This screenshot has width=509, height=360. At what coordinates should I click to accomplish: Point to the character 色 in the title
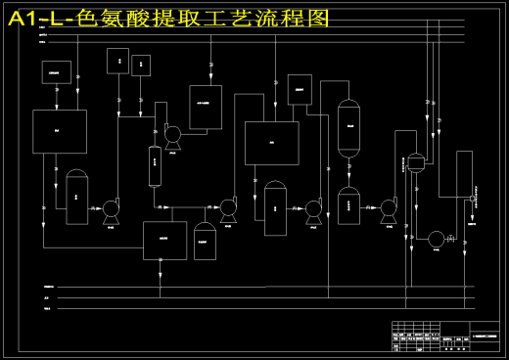pyautogui.click(x=89, y=18)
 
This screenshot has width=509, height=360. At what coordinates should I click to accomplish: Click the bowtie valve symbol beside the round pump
pyautogui.click(x=451, y=239)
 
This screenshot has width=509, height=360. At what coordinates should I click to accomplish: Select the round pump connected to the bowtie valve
pyautogui.click(x=436, y=239)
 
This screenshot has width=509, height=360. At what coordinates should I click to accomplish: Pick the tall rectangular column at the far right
pyautogui.click(x=464, y=174)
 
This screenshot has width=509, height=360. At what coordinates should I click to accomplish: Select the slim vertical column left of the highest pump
pyautogui.click(x=155, y=165)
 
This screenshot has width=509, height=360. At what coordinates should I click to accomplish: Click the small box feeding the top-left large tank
pyautogui.click(x=56, y=71)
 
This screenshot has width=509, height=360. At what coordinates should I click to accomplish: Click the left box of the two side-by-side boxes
pyautogui.click(x=117, y=63)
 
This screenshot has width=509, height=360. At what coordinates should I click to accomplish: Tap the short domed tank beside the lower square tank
pyautogui.click(x=205, y=241)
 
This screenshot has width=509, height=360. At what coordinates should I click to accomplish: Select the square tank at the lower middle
pyautogui.click(x=164, y=240)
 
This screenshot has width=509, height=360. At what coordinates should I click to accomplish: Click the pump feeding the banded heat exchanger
pyautogui.click(x=389, y=207)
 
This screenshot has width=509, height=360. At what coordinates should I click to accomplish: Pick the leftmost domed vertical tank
pyautogui.click(x=77, y=197)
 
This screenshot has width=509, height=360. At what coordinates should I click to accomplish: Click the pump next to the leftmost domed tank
pyautogui.click(x=111, y=208)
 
